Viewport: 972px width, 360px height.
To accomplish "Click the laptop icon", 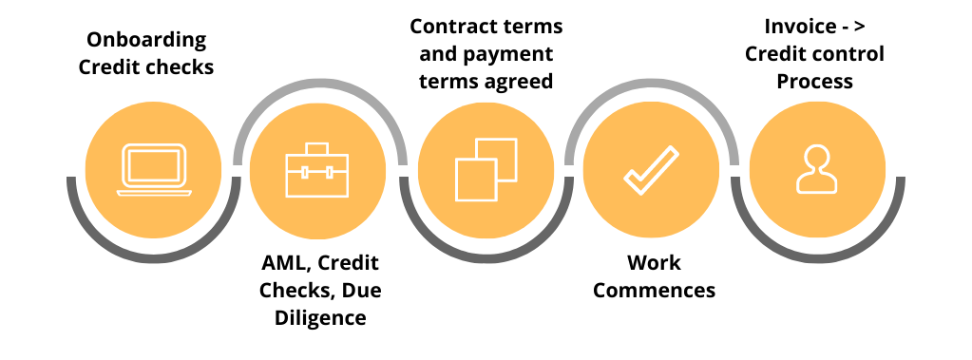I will (x=154, y=171).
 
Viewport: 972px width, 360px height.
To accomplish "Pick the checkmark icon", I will (x=652, y=171).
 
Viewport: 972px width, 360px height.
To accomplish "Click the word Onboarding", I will (x=146, y=40).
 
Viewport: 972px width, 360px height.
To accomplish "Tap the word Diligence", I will (x=320, y=317).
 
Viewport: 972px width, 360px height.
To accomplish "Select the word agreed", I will (x=517, y=81).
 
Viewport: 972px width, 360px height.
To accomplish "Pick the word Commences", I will (x=654, y=289).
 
